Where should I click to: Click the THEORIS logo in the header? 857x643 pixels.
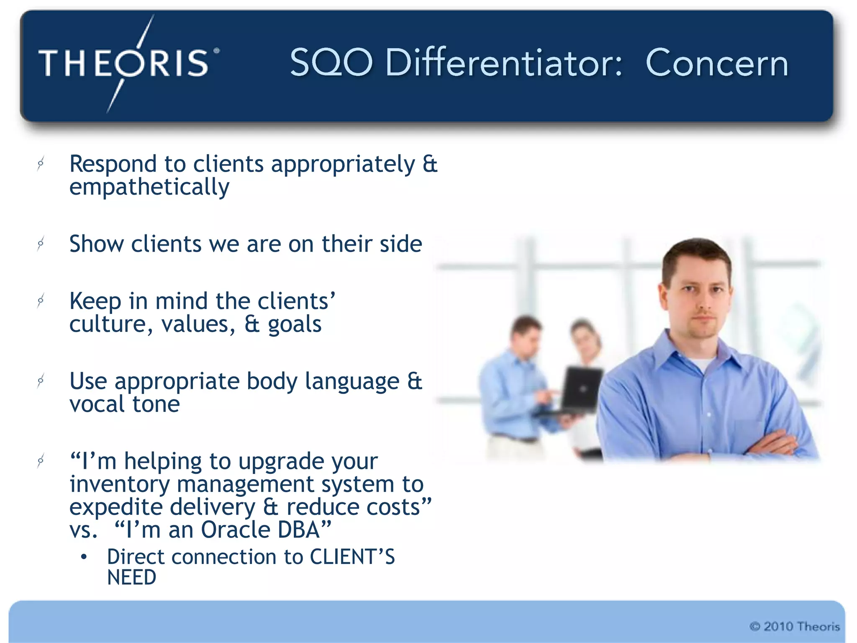coord(126,63)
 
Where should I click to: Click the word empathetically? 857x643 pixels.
coord(149,187)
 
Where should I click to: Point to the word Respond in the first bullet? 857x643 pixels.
coord(113,164)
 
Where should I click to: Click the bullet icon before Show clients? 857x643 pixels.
coord(41,243)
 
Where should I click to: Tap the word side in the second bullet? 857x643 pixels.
coord(400,244)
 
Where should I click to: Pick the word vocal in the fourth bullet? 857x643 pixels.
coord(97,404)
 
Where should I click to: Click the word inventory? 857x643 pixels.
coord(119,484)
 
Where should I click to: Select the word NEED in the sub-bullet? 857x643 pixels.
coord(131,578)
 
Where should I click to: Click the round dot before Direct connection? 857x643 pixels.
coord(84,557)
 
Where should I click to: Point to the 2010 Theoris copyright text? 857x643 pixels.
coord(794,627)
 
